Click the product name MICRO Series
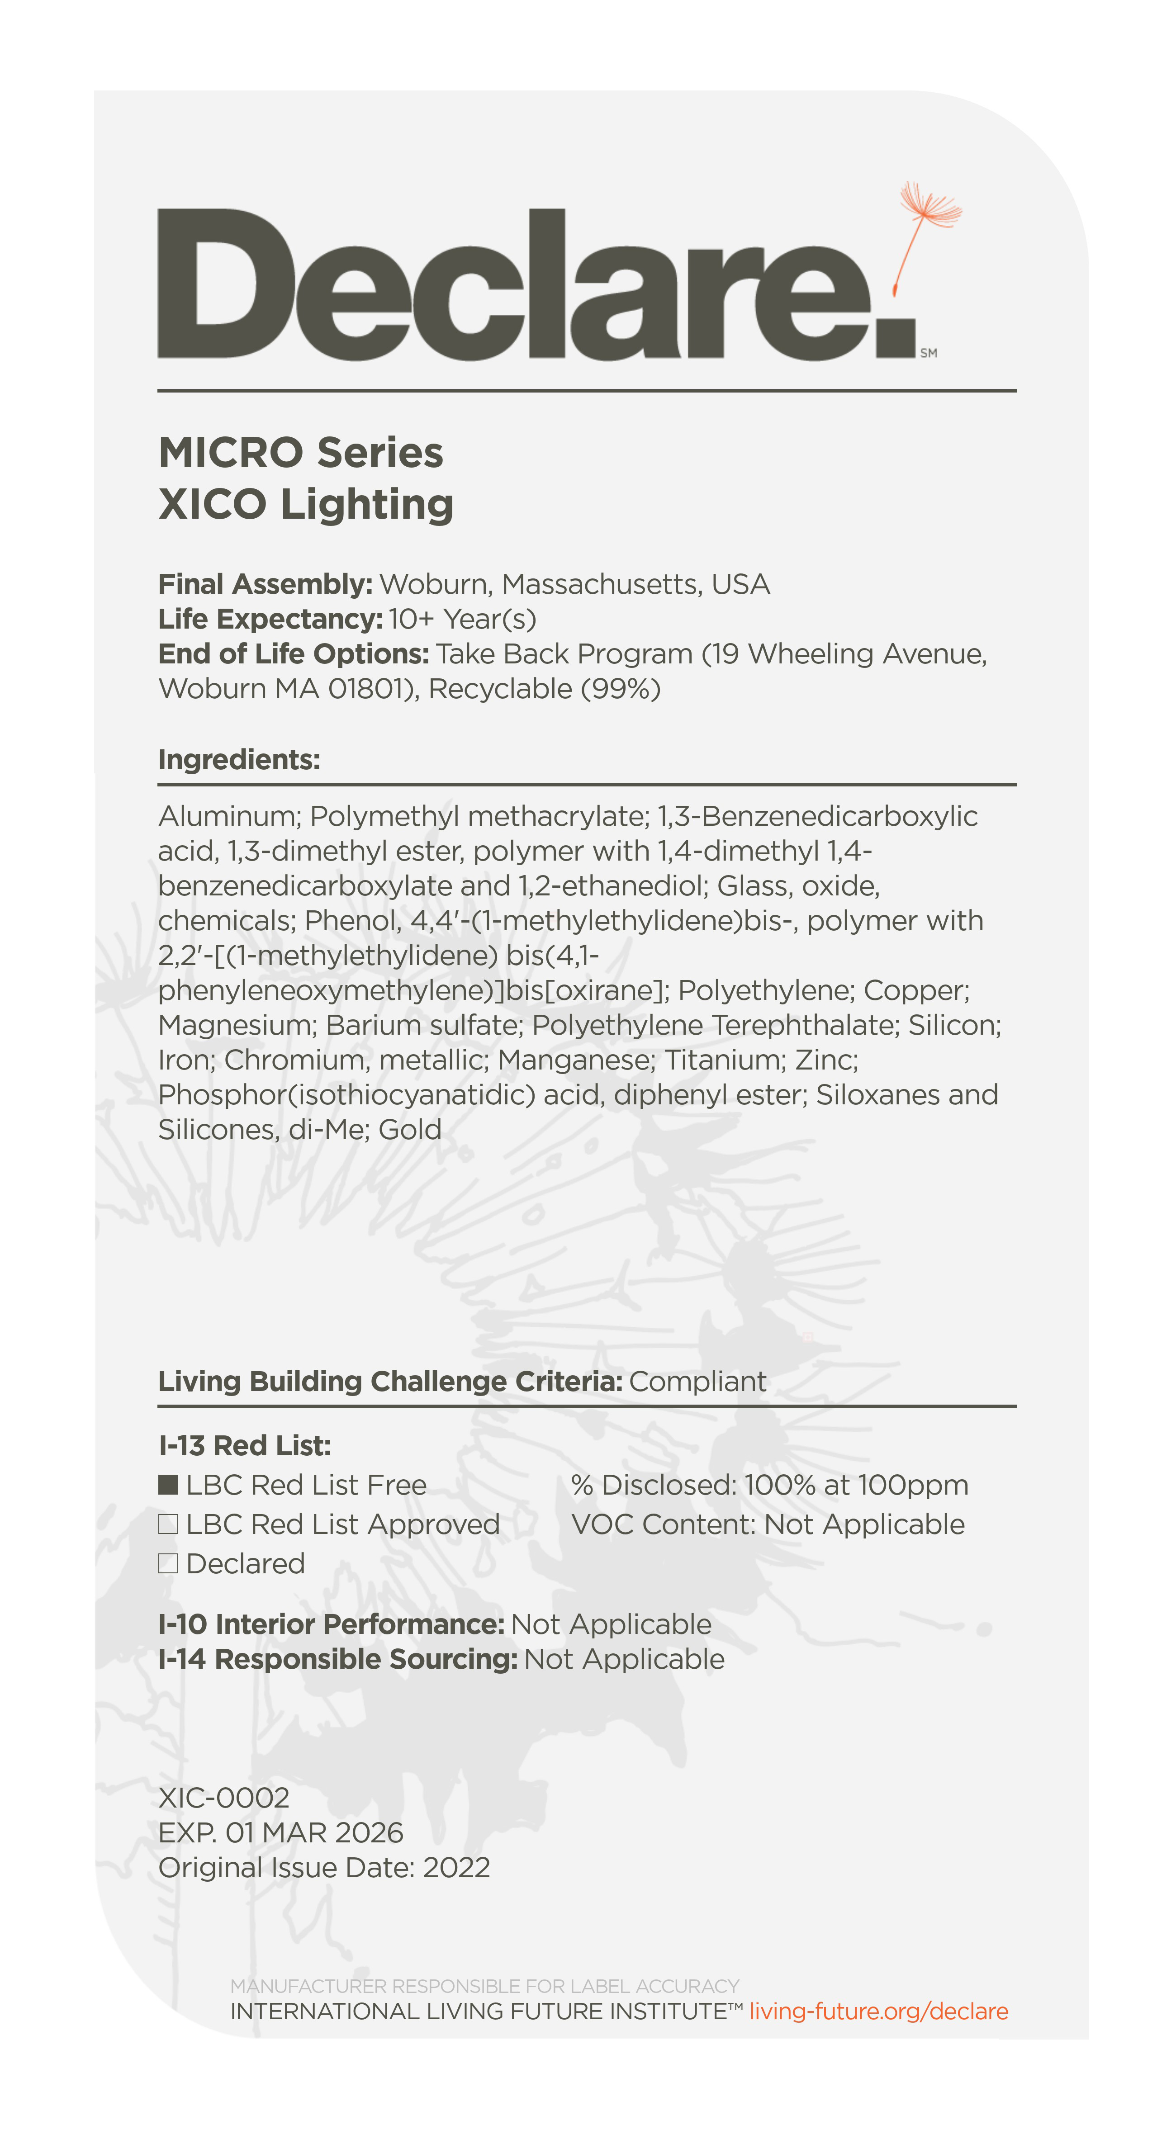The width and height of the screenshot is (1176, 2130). (301, 453)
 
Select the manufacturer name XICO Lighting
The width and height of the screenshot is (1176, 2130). (306, 504)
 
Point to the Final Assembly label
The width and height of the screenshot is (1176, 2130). (265, 585)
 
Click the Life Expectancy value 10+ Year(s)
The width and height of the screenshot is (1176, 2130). (462, 619)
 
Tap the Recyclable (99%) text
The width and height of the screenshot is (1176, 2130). (544, 689)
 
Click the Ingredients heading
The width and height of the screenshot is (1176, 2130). (239, 759)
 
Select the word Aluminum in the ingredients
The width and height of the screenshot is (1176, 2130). (229, 816)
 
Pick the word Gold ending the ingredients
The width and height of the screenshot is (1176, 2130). (410, 1130)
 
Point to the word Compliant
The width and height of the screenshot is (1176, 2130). (697, 1382)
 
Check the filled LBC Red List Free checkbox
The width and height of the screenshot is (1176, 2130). (169, 1485)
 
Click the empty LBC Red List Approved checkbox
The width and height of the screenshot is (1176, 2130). (169, 1524)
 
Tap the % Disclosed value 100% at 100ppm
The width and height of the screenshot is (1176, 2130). (855, 1485)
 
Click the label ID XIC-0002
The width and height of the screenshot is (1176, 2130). (223, 1798)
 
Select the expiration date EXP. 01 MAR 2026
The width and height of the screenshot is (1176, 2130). (280, 1832)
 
